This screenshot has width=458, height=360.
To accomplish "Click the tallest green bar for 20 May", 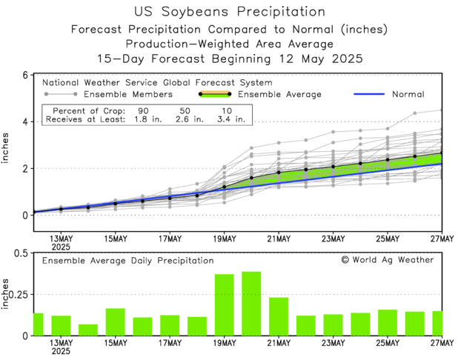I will tap(251, 304).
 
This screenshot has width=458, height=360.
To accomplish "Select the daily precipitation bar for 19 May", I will tap(224, 305).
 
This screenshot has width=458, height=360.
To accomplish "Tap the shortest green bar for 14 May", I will tap(88, 330).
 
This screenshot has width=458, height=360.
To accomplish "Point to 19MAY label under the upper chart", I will tap(225, 239).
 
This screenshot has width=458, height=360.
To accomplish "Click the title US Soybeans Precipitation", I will tap(230, 12).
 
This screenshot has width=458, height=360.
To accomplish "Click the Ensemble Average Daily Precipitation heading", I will tap(127, 261).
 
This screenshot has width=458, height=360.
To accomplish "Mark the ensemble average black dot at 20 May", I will tap(251, 178).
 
